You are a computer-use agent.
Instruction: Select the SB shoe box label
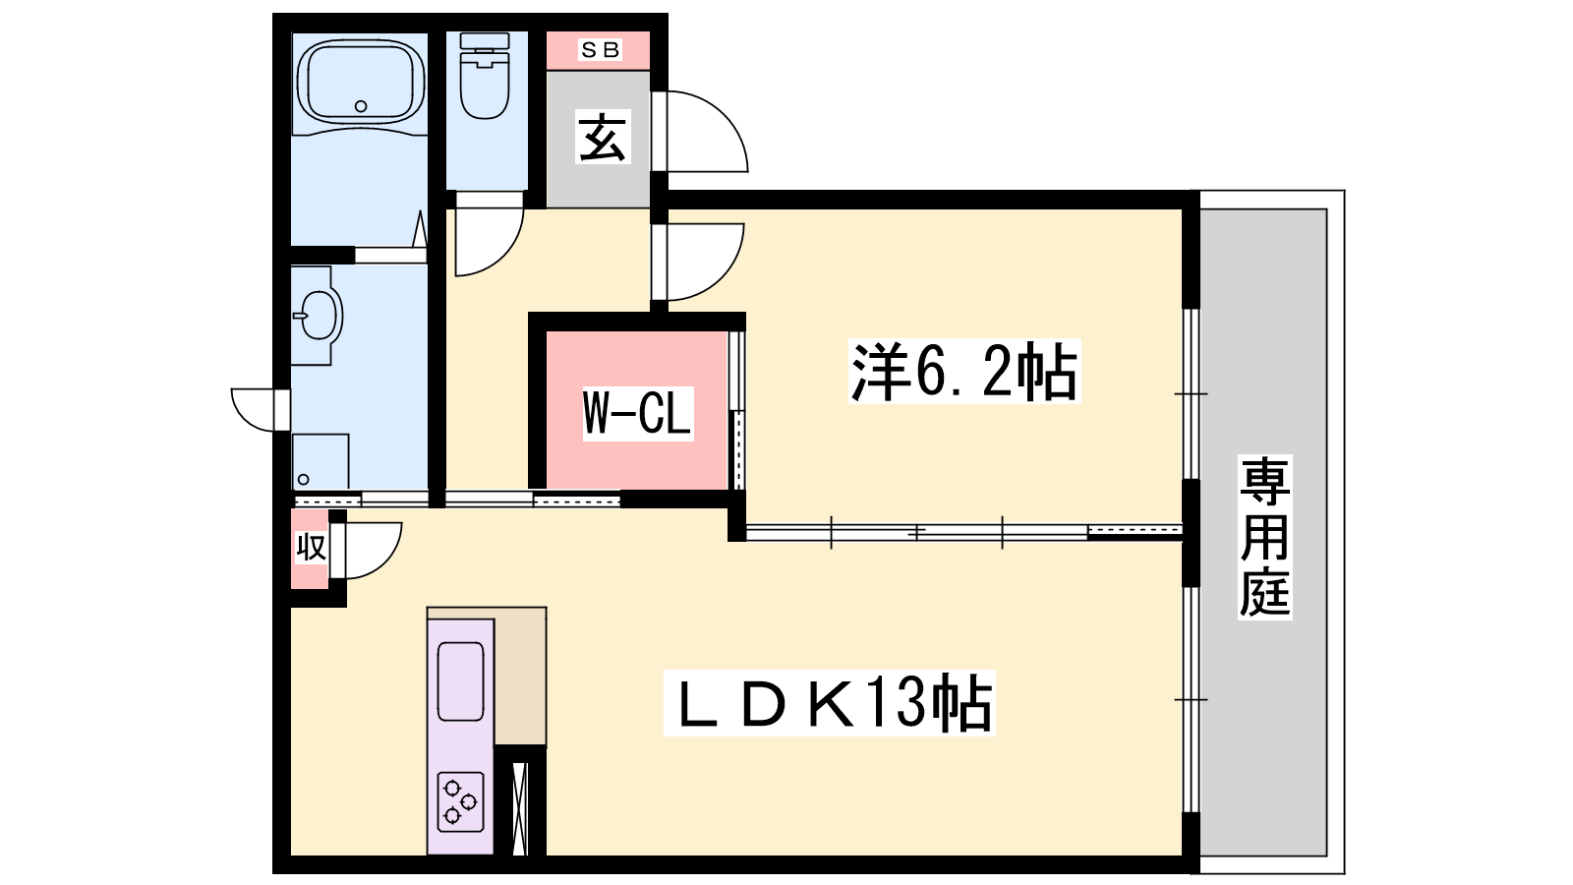(x=600, y=50)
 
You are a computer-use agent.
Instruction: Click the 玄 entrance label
(x=603, y=137)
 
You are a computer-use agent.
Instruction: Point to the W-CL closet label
(x=638, y=413)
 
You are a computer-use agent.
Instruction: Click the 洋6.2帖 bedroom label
(x=963, y=371)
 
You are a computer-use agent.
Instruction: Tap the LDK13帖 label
(x=830, y=703)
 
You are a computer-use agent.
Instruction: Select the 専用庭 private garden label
(x=1264, y=537)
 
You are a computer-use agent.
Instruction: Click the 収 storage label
(x=311, y=547)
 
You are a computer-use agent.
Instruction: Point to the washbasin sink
(x=318, y=316)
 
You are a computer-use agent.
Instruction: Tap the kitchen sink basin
(x=461, y=681)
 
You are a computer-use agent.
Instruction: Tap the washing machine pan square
(x=320, y=461)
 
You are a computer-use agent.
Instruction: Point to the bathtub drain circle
(x=361, y=107)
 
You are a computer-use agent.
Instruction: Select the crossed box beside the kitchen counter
(x=520, y=808)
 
